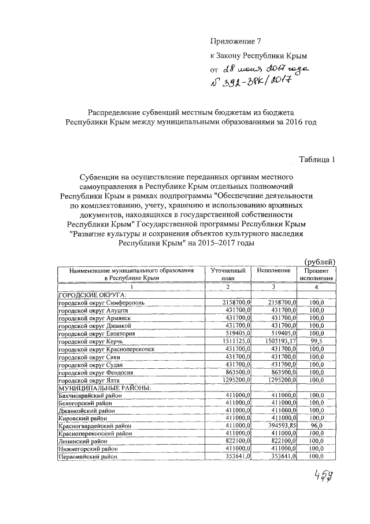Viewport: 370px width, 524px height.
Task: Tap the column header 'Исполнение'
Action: pos(274,270)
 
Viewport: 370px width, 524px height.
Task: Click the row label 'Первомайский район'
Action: pos(87,457)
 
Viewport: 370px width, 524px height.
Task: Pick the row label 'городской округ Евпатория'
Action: pos(97,334)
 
